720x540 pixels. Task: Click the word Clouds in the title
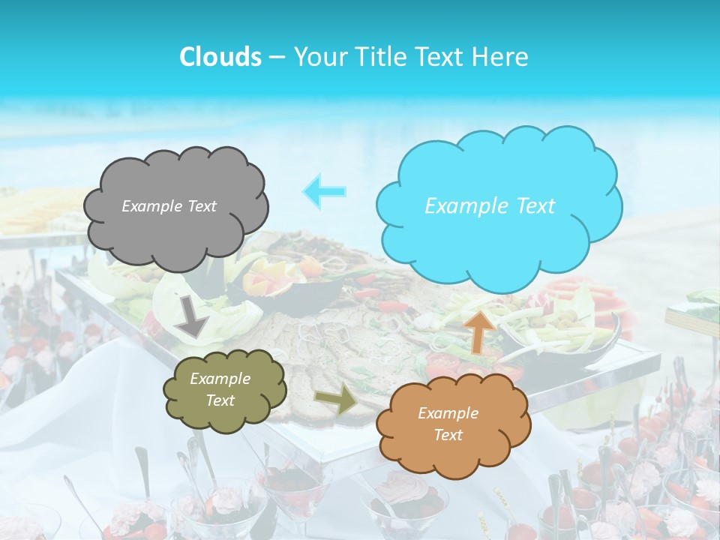coord(220,57)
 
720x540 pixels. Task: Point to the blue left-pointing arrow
coord(325,190)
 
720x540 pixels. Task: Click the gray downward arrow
coord(193,316)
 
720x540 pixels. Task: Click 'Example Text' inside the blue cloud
coord(490,206)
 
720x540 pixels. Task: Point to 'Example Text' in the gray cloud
coord(169,206)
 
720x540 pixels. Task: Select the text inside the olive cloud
coord(220,389)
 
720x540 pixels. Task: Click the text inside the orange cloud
coord(448,424)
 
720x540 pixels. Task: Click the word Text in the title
coord(442,57)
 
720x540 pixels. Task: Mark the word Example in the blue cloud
coord(460,206)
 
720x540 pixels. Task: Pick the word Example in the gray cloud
coord(150,206)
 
